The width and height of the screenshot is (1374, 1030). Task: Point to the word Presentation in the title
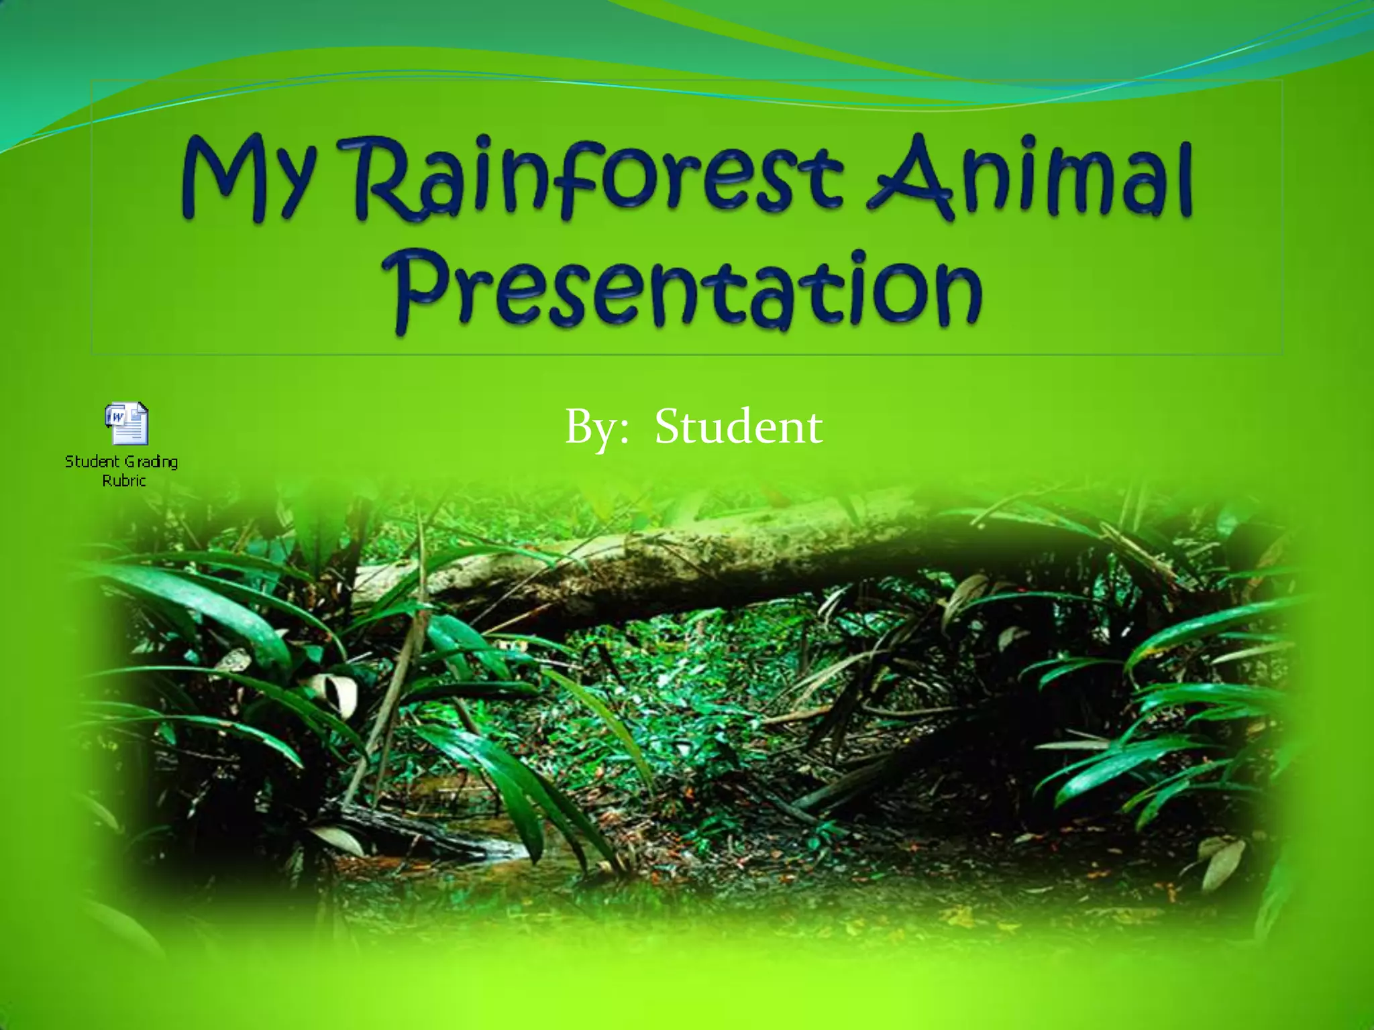pos(688,292)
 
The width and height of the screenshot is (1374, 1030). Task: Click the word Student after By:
pos(738,427)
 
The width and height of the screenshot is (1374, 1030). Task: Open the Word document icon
pos(126,423)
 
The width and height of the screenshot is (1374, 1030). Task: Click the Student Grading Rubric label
pos(122,470)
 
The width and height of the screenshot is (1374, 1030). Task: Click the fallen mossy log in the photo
pos(671,563)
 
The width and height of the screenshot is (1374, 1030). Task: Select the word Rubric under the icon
pos(123,480)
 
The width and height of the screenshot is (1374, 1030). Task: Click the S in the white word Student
pos(671,426)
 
